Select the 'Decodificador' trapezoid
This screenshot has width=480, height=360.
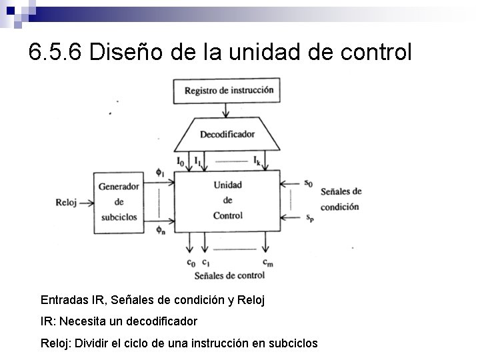[x=227, y=134]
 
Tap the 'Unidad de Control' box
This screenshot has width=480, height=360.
[x=227, y=200]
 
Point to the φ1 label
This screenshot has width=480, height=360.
[x=159, y=173]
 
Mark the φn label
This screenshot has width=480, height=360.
[x=160, y=230]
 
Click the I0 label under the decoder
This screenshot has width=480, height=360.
[x=181, y=161]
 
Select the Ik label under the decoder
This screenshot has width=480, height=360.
[x=257, y=161]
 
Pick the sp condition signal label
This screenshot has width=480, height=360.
[x=309, y=217]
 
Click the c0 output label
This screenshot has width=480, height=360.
[x=191, y=262]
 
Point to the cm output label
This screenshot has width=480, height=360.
[x=267, y=262]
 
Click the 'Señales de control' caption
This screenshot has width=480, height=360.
[x=229, y=275]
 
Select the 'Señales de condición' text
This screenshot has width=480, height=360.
[x=341, y=199]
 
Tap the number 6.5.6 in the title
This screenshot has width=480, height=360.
[x=55, y=51]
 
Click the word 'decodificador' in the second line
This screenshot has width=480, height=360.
[x=161, y=321]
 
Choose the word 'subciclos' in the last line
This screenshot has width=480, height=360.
[x=293, y=343]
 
